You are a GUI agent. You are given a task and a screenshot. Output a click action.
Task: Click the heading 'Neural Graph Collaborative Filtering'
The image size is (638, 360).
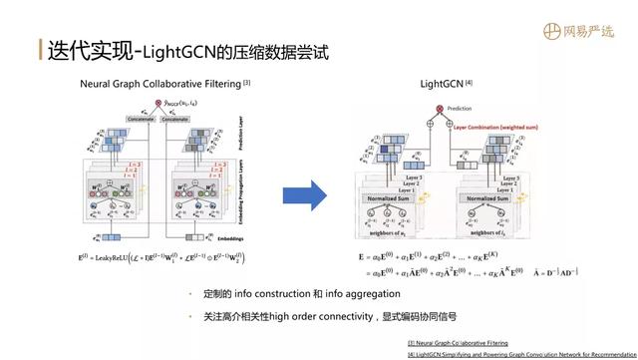[x=161, y=85]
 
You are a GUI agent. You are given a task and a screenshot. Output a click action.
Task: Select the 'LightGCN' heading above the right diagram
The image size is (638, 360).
[x=443, y=86]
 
